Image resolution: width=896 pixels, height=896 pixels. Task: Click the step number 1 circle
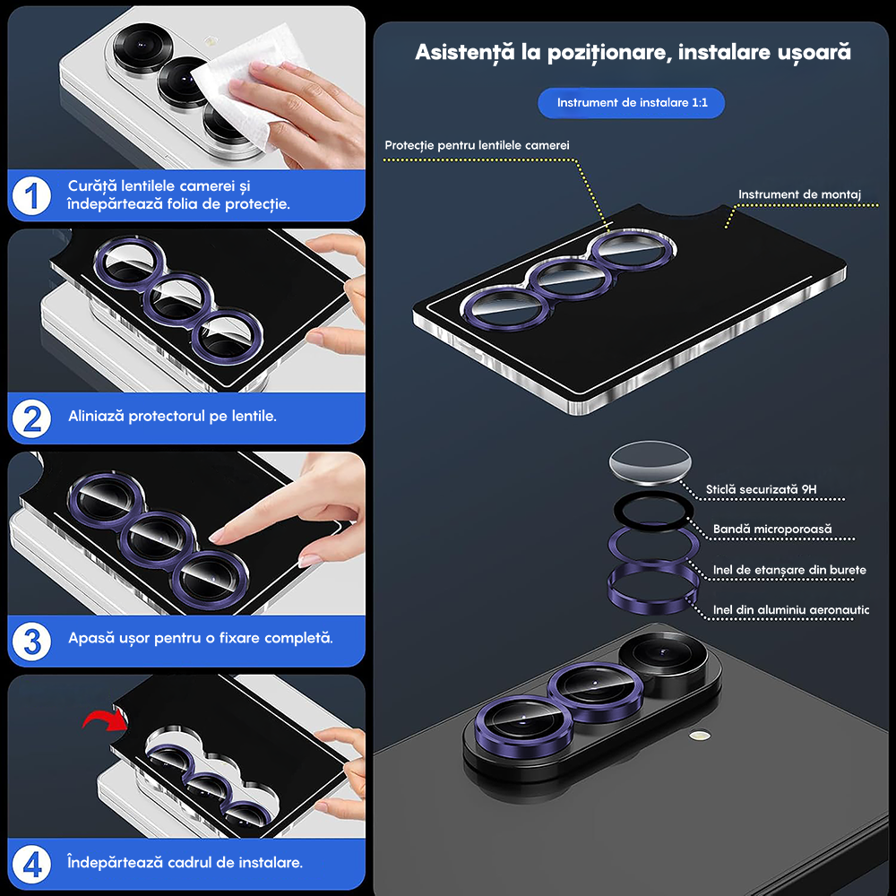(x=32, y=194)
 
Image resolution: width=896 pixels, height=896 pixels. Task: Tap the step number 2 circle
(x=32, y=418)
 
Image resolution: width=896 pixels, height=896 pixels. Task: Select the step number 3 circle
(x=32, y=640)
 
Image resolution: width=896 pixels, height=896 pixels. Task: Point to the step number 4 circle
(x=32, y=864)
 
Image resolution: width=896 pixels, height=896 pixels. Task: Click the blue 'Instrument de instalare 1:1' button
(x=632, y=103)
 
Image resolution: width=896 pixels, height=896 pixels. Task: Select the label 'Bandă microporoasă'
(x=772, y=529)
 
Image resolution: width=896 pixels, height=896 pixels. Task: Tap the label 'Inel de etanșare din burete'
(x=789, y=569)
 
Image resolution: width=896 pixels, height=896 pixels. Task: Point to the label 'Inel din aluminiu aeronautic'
(x=791, y=609)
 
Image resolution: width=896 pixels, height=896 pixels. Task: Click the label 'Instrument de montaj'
(x=799, y=194)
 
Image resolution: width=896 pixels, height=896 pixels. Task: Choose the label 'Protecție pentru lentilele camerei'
(x=477, y=145)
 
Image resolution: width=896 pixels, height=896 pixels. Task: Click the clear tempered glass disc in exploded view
(x=651, y=465)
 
